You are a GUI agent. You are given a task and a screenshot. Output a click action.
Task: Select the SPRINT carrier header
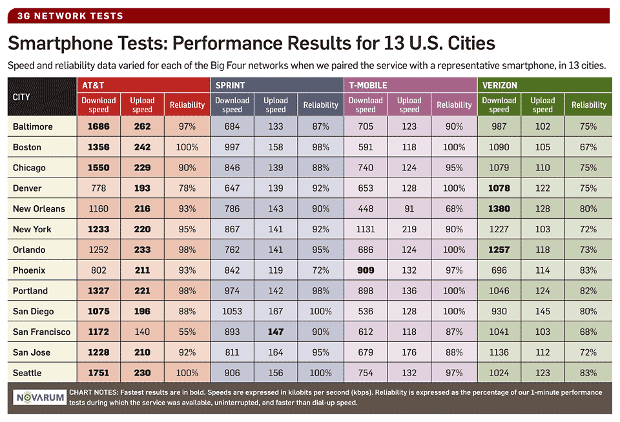[231, 85]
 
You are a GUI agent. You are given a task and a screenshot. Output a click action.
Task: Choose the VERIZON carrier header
[499, 85]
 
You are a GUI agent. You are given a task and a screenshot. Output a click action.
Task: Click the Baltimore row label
[32, 126]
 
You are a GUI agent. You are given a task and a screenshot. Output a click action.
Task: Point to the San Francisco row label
[41, 332]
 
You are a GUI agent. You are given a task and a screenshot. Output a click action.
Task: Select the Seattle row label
[27, 373]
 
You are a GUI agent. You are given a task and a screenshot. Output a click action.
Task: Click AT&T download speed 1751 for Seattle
[99, 373]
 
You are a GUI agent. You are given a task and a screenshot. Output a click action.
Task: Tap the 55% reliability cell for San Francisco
[187, 332]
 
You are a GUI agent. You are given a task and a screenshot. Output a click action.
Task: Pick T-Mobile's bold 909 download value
[366, 270]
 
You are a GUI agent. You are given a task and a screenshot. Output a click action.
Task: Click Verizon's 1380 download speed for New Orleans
[499, 208]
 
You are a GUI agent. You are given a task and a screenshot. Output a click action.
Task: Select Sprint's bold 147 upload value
[276, 332]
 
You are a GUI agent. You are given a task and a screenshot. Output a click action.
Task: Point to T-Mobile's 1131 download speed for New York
[366, 229]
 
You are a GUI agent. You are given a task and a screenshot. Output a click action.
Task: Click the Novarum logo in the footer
[41, 397]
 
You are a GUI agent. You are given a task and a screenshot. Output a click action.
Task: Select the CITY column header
[22, 97]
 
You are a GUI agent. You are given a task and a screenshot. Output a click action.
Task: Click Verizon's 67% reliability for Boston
[588, 147]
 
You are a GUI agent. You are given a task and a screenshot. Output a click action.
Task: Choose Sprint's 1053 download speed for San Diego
[232, 311]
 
